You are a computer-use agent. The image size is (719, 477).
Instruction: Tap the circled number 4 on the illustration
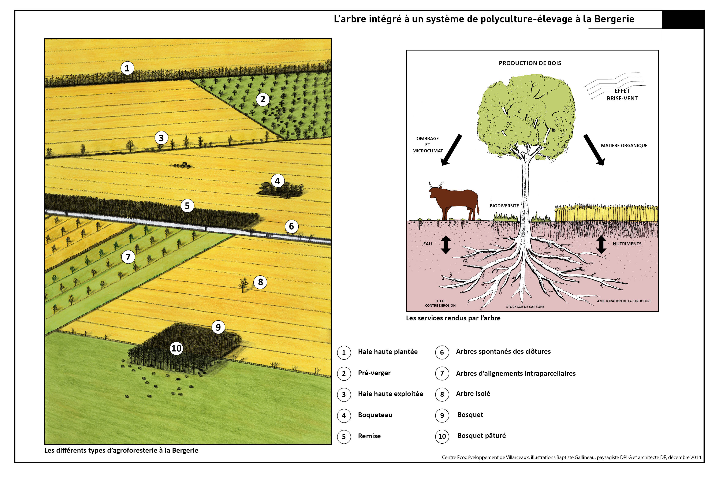coord(277,181)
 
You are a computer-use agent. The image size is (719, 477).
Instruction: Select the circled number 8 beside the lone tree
coord(260,282)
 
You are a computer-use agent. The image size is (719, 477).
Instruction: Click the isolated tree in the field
coord(243,285)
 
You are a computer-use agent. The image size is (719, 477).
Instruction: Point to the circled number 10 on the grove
coord(176,348)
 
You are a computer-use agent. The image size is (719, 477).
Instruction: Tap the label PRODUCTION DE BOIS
coord(530,63)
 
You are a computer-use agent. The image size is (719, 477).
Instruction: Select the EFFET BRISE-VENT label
coord(622,95)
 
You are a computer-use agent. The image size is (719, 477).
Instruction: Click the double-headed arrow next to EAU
coord(446,245)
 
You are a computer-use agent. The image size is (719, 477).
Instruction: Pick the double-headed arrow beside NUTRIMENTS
coord(601,245)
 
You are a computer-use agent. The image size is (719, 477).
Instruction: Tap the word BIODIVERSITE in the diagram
coord(504,206)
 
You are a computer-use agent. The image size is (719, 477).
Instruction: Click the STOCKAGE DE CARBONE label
coord(525,307)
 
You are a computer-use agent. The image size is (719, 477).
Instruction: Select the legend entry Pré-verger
coord(374,373)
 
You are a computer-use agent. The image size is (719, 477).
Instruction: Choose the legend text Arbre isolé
coord(473,394)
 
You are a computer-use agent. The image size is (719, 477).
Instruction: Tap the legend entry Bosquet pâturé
coord(481,436)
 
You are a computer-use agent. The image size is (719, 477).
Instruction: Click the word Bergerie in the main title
coord(614,19)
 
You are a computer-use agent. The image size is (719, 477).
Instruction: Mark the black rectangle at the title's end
coord(683,19)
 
